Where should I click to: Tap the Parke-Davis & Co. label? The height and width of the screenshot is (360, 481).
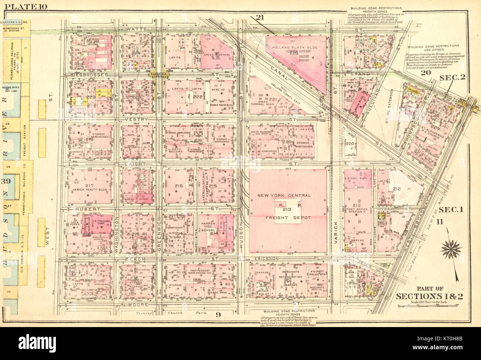(x=221, y=105)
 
